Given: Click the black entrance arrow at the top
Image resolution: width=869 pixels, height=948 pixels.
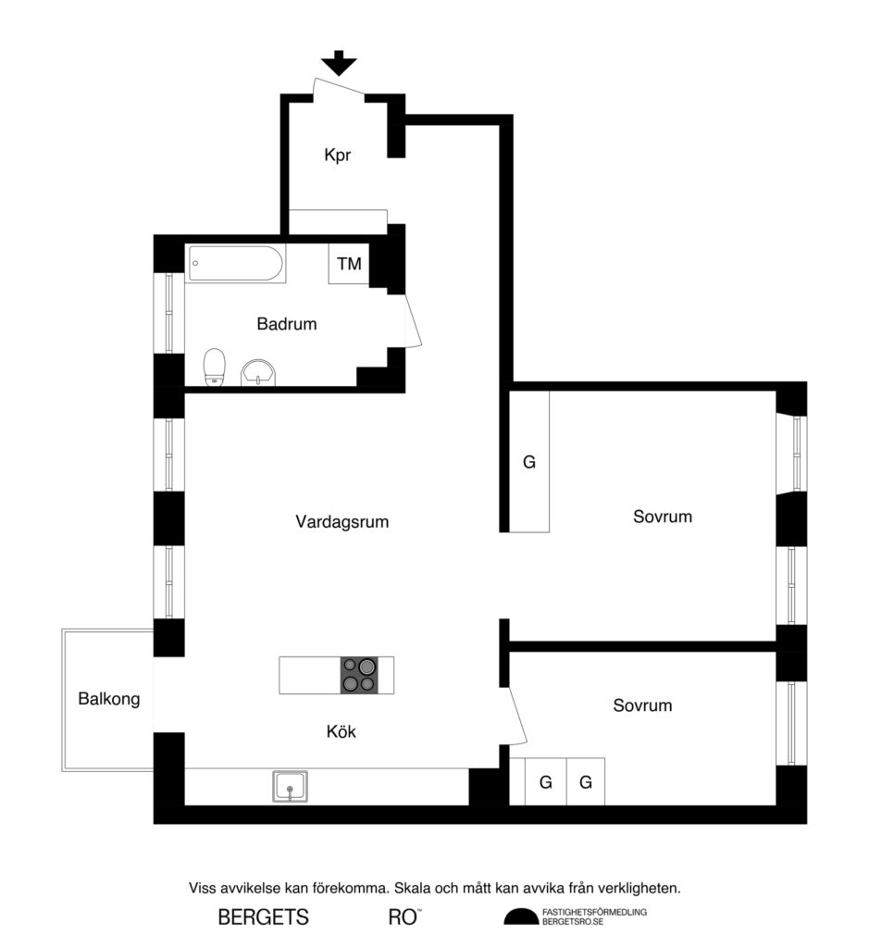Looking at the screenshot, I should [340, 63].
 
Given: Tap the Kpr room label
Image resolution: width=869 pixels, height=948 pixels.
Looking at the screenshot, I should [337, 156].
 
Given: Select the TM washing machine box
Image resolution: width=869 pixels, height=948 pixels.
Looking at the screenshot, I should [349, 265].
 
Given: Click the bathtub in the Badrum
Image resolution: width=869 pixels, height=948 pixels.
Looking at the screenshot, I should [235, 264].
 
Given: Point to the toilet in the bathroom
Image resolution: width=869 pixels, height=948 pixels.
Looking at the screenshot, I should [215, 366].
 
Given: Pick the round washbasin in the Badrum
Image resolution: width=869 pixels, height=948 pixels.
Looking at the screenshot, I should [257, 372].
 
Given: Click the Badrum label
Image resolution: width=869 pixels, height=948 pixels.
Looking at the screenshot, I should [287, 325].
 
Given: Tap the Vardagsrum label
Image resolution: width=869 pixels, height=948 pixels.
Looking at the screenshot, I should [341, 522].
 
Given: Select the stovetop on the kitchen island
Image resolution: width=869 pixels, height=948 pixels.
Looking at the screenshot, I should [360, 674].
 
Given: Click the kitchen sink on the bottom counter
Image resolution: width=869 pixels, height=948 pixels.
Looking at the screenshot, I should [290, 787].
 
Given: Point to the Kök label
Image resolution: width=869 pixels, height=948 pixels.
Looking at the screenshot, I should [341, 732].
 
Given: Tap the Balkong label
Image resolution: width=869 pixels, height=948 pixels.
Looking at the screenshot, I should [109, 699].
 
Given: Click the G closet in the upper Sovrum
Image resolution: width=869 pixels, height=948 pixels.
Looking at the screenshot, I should [529, 462].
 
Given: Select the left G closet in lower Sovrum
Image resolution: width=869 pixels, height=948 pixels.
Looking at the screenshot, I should [546, 782].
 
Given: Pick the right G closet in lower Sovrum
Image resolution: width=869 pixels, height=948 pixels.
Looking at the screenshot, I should [586, 782].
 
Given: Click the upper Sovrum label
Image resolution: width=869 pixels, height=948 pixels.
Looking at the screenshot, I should [663, 517].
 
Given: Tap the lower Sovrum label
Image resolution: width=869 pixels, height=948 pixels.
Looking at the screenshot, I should [642, 705].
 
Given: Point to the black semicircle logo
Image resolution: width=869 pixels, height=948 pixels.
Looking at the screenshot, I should [520, 917].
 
